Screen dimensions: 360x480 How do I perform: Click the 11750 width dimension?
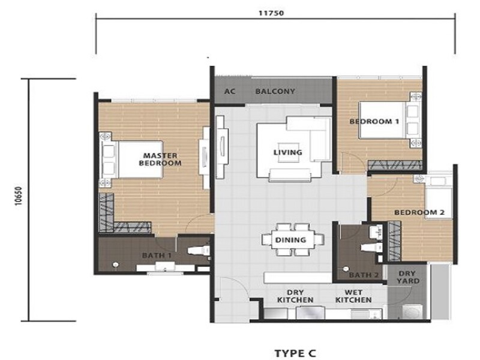coord(275,11)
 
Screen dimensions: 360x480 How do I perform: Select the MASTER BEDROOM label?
coord(160,160)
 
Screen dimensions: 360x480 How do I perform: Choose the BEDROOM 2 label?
coord(419,213)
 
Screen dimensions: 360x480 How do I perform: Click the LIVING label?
coord(287,152)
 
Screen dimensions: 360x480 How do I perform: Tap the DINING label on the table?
coord(292,240)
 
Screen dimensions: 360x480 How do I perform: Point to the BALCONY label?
coord(275,92)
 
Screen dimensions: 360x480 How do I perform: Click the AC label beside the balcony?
coord(229,92)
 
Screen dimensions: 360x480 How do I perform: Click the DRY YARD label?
coord(407,277)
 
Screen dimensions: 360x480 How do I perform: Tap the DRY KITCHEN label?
coord(295,296)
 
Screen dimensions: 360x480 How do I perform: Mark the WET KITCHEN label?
coord(353,296)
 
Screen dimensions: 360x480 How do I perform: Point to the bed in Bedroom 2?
coord(437,201)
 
